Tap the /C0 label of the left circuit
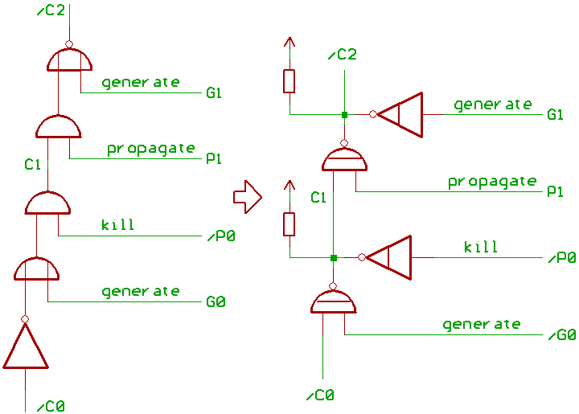pos(50,405)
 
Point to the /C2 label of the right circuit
pos(343,55)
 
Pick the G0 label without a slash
pos(215,302)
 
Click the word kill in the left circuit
pos(117,224)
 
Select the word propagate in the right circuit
pos(492,181)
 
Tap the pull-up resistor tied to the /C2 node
pos(289,81)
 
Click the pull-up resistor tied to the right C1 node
pos(289,224)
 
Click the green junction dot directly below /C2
pos(344,115)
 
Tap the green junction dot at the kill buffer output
pos(333,258)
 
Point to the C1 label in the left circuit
pos(33,165)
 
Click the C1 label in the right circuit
pos(318,197)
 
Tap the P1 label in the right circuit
pos(554,191)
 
